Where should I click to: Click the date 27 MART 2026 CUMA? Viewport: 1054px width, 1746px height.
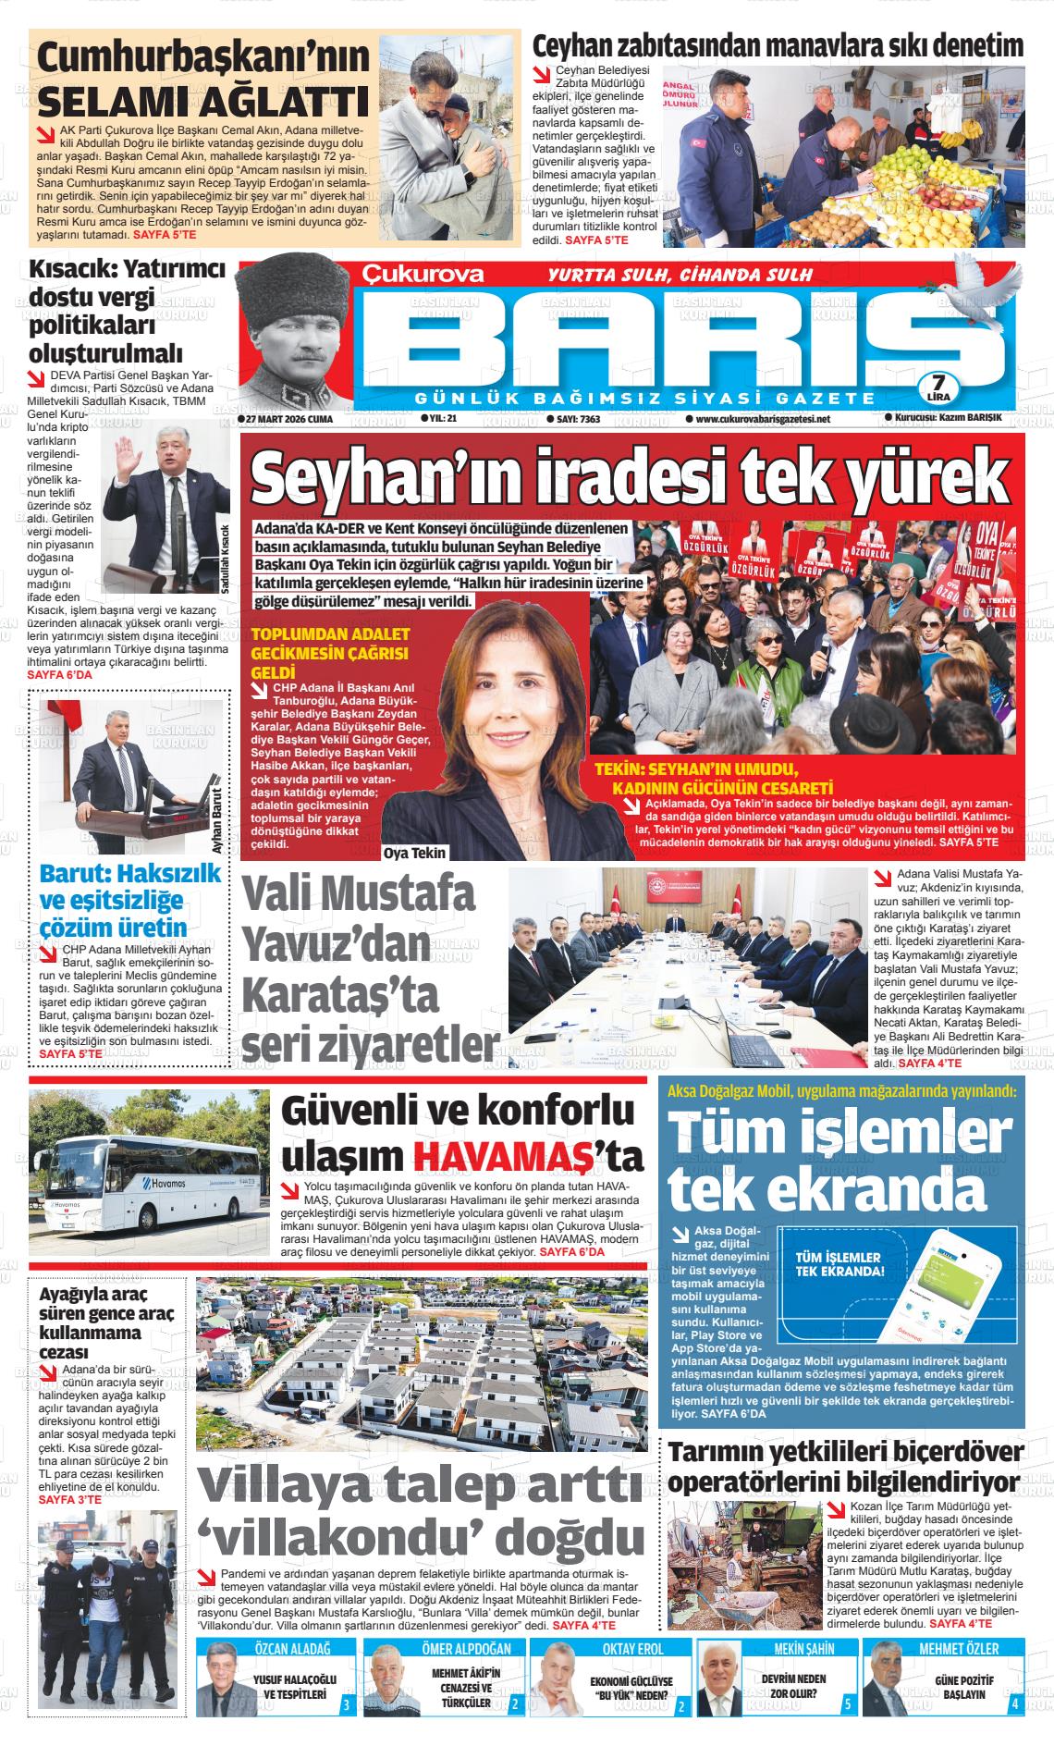click(x=286, y=419)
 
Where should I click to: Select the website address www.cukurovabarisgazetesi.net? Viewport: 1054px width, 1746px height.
click(x=762, y=419)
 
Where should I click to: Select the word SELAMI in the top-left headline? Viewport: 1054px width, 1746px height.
click(x=109, y=100)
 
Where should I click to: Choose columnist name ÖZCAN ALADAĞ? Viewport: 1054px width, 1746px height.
click(x=291, y=1649)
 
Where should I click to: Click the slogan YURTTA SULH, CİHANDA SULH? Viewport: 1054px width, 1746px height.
click(x=680, y=275)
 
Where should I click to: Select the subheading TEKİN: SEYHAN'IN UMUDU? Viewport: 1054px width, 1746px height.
click(x=695, y=769)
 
